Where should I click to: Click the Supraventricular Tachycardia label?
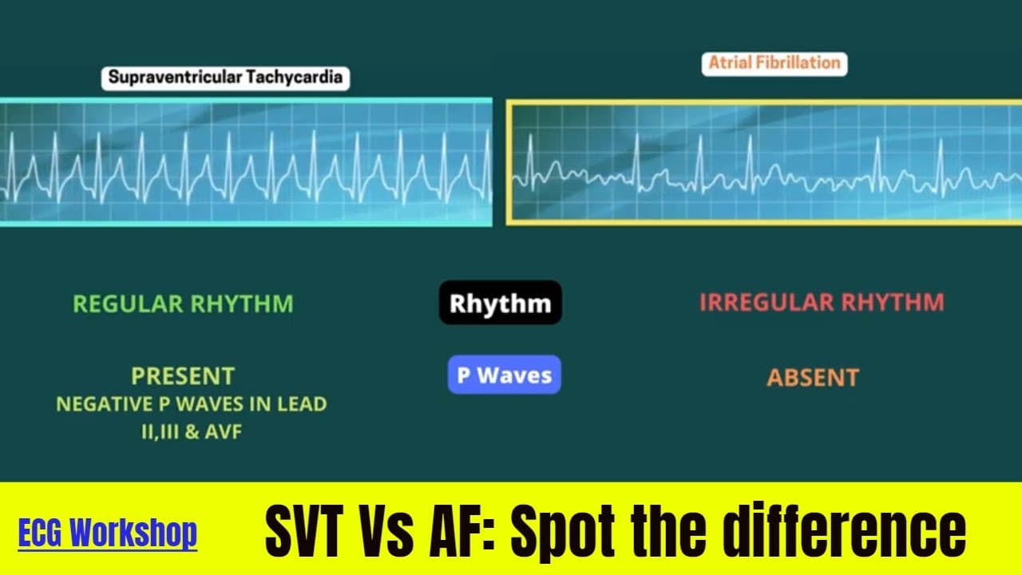[225, 77]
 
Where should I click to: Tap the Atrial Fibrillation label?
[774, 63]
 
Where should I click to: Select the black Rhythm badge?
[500, 303]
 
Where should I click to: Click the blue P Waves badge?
[504, 375]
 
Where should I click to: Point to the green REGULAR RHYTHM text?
[183, 303]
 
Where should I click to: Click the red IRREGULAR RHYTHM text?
[822, 303]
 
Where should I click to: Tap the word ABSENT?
[813, 377]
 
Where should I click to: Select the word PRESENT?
[183, 375]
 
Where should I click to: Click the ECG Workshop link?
[107, 533]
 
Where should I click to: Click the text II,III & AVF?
[190, 432]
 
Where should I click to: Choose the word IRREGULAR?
[760, 303]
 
